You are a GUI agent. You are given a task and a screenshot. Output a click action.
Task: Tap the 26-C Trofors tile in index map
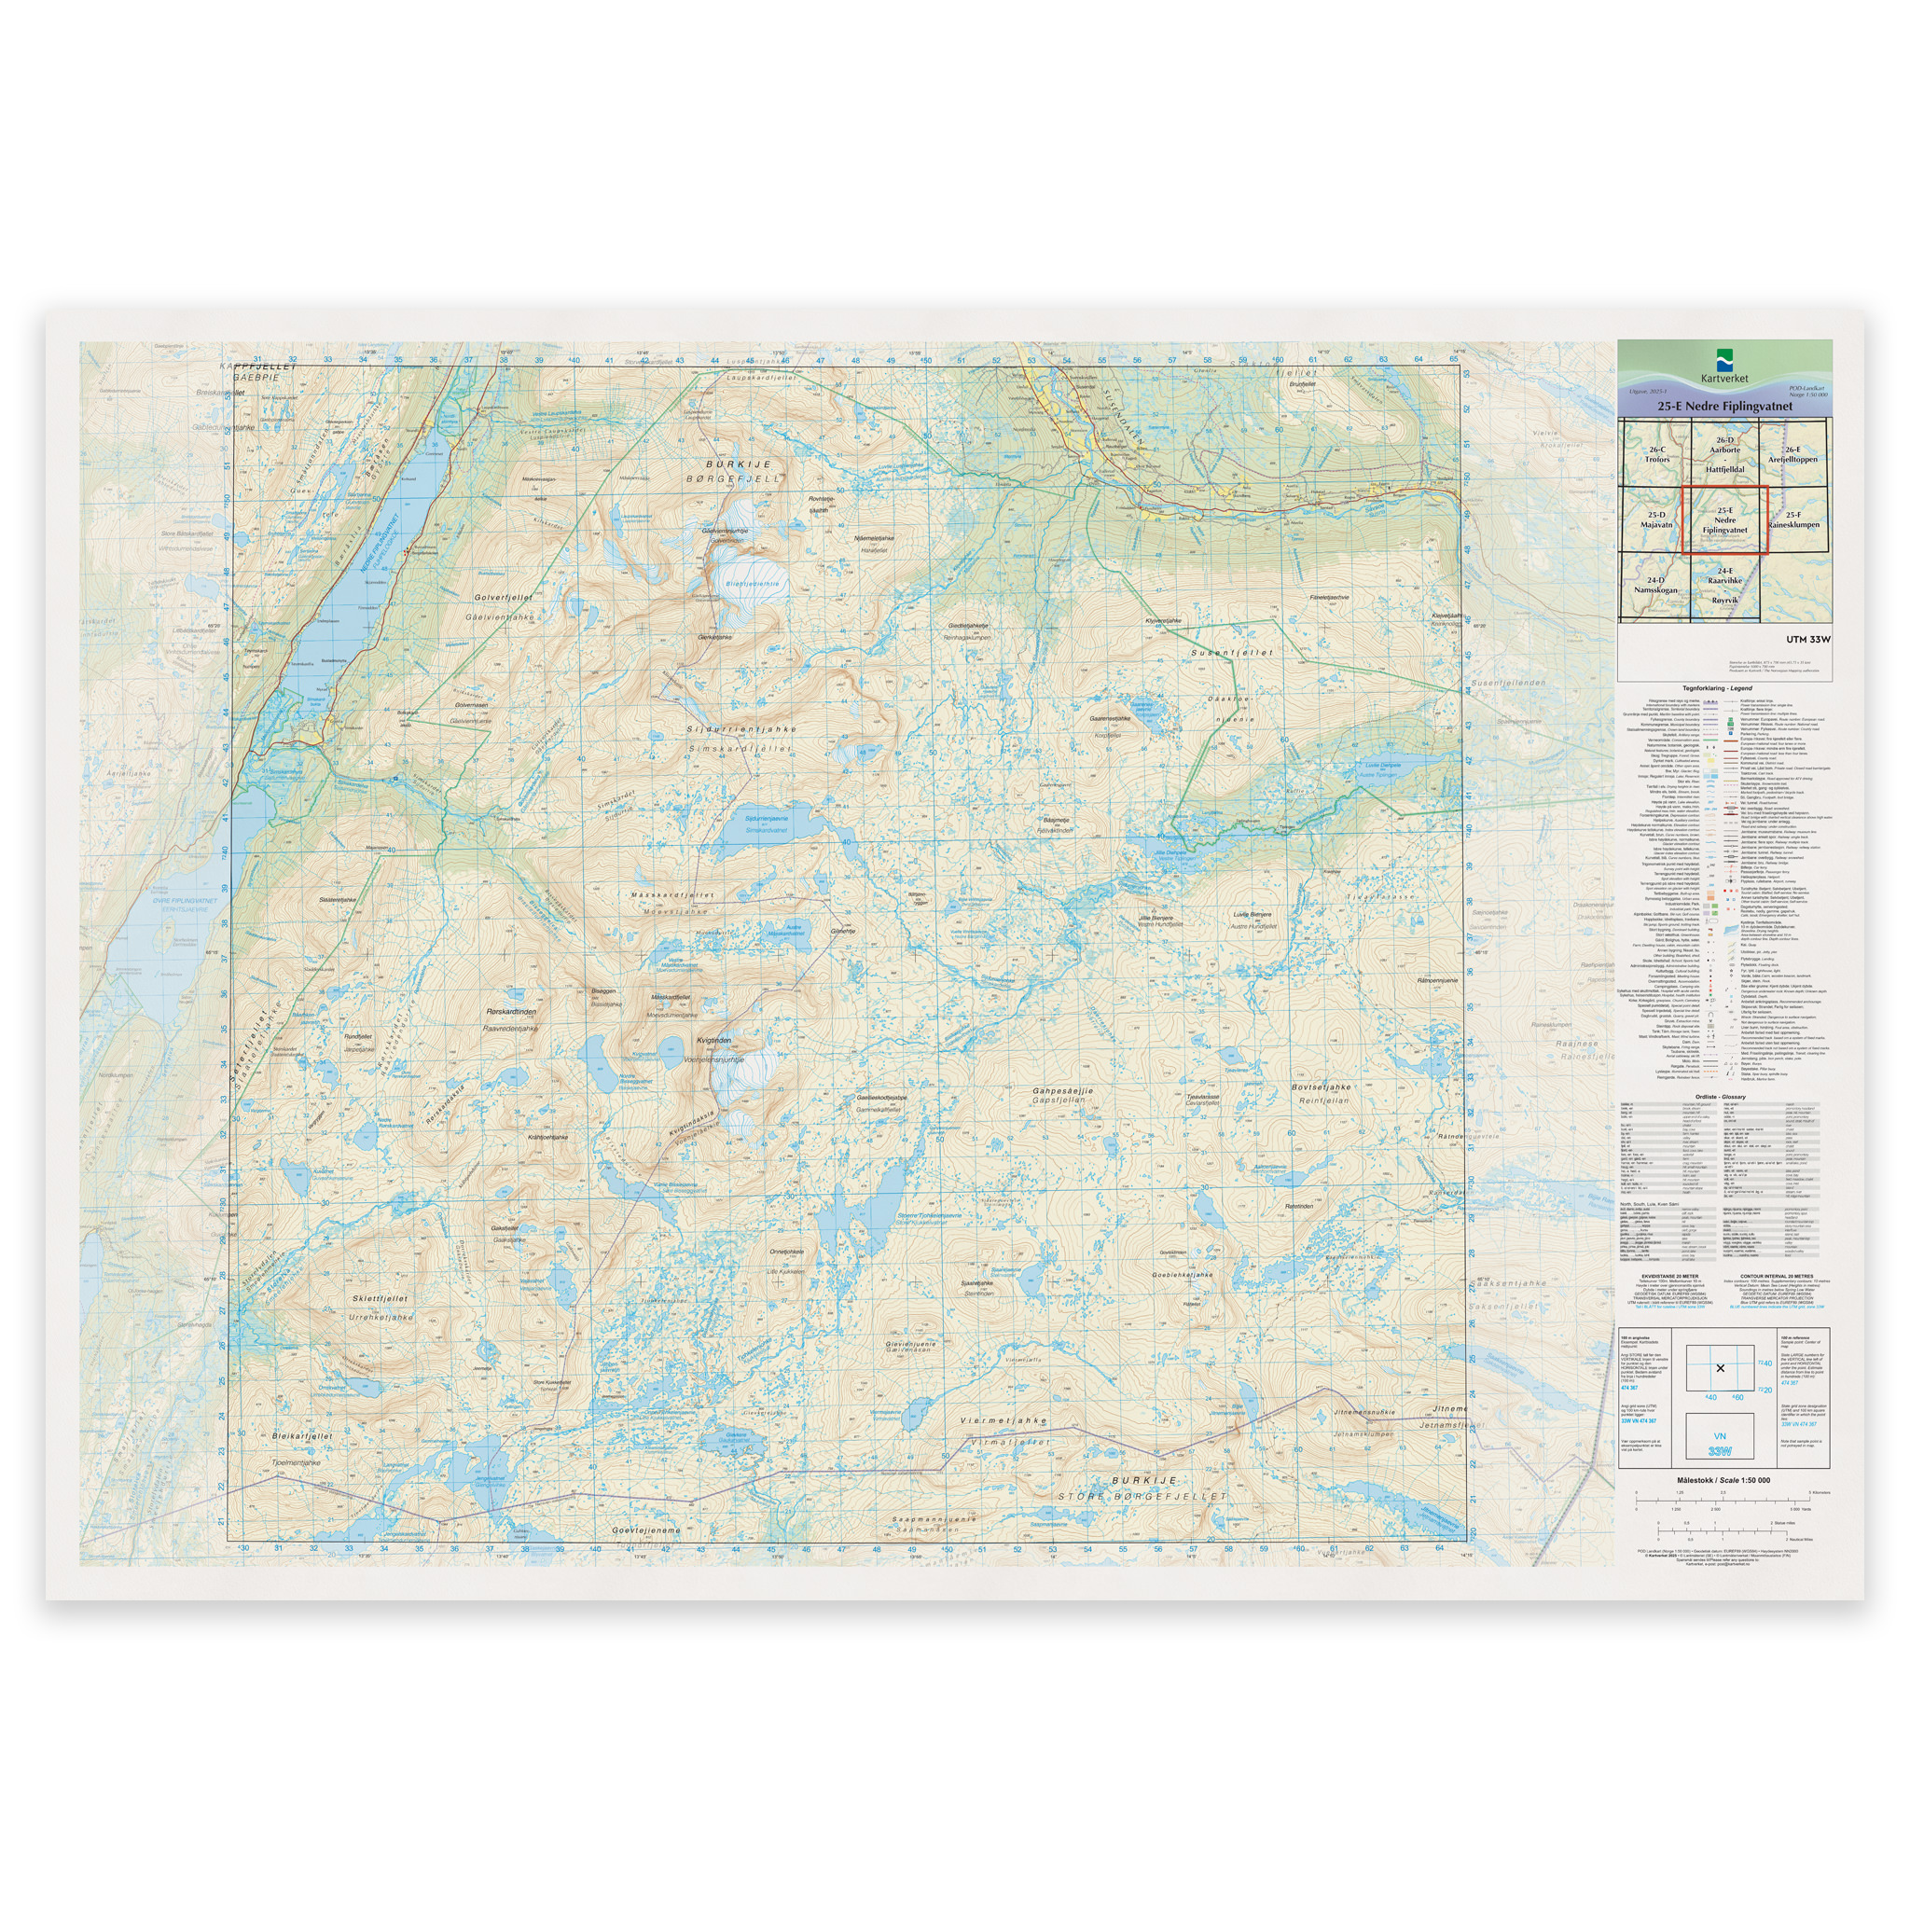(1657, 455)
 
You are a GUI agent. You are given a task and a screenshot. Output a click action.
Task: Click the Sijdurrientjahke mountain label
(741, 729)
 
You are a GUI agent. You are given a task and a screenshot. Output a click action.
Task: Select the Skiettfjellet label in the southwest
(380, 1298)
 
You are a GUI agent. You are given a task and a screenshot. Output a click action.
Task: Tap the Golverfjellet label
(504, 597)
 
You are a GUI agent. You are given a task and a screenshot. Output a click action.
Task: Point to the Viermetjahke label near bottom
(1003, 1420)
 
